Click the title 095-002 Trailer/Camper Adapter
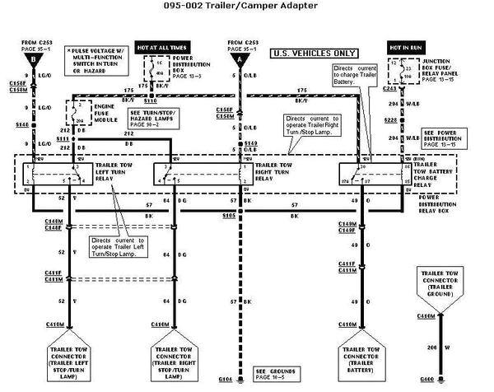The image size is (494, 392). tap(246, 7)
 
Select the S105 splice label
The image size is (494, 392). tap(229, 214)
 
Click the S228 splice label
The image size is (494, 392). tap(389, 119)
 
